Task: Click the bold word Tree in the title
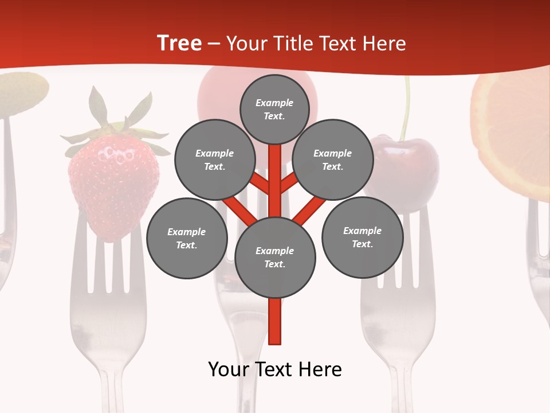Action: coord(179,44)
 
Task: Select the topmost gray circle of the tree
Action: coord(274,109)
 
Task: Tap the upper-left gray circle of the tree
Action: coord(214,159)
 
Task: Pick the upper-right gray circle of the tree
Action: coord(332,159)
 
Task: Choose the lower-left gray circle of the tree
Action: coord(187,238)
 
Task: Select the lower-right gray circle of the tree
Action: coord(362,237)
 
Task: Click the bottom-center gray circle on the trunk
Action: coord(275,257)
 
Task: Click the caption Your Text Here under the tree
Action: coord(275,369)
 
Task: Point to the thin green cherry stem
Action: coord(406,109)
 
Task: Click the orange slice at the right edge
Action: coord(513,132)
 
